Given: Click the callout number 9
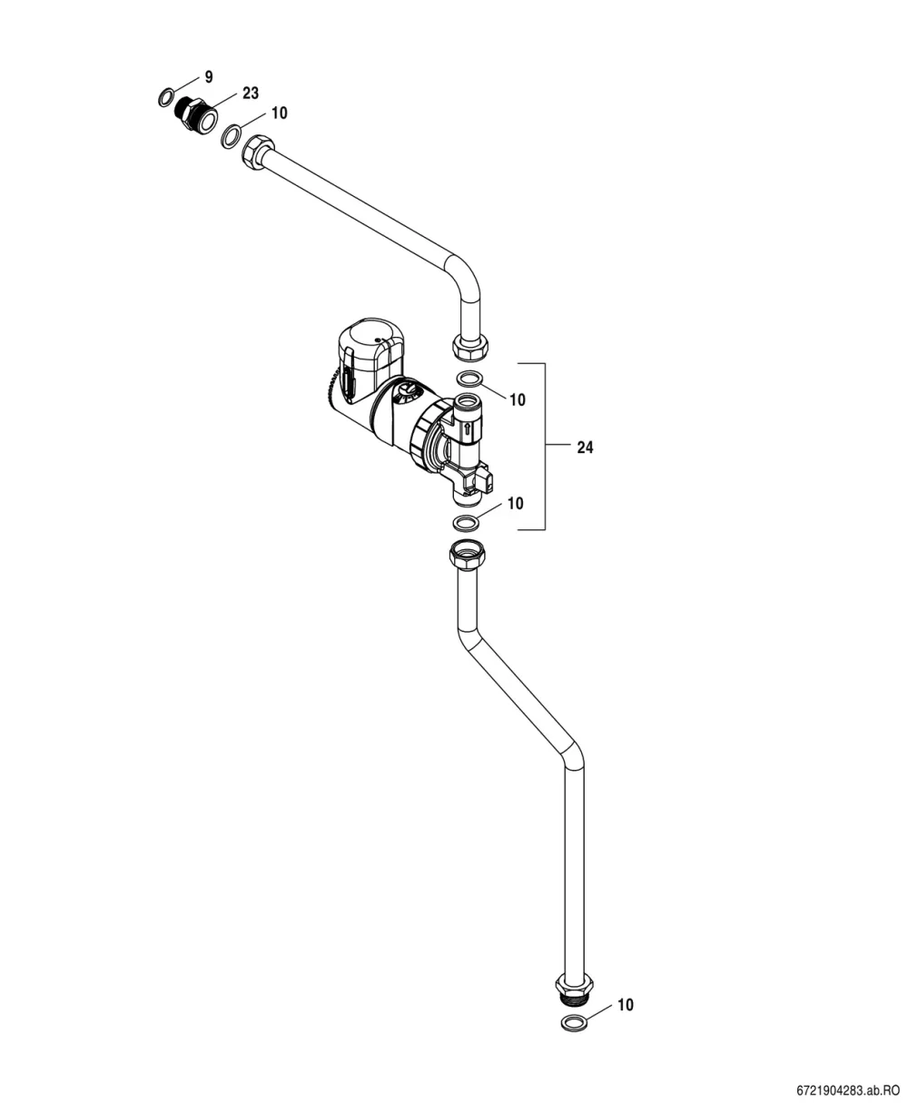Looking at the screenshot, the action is (209, 77).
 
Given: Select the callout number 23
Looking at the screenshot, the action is (251, 94).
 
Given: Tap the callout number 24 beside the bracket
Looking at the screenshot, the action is (586, 448).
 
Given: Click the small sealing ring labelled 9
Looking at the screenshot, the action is (166, 98).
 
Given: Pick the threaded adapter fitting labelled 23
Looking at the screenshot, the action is (197, 114).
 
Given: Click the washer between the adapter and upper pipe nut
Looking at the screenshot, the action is (232, 136).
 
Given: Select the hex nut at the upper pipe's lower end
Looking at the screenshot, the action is (469, 347).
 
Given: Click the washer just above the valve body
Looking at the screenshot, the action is (469, 379).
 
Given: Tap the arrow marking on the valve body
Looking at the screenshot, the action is (464, 432).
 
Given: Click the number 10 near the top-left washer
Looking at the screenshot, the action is (280, 113).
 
